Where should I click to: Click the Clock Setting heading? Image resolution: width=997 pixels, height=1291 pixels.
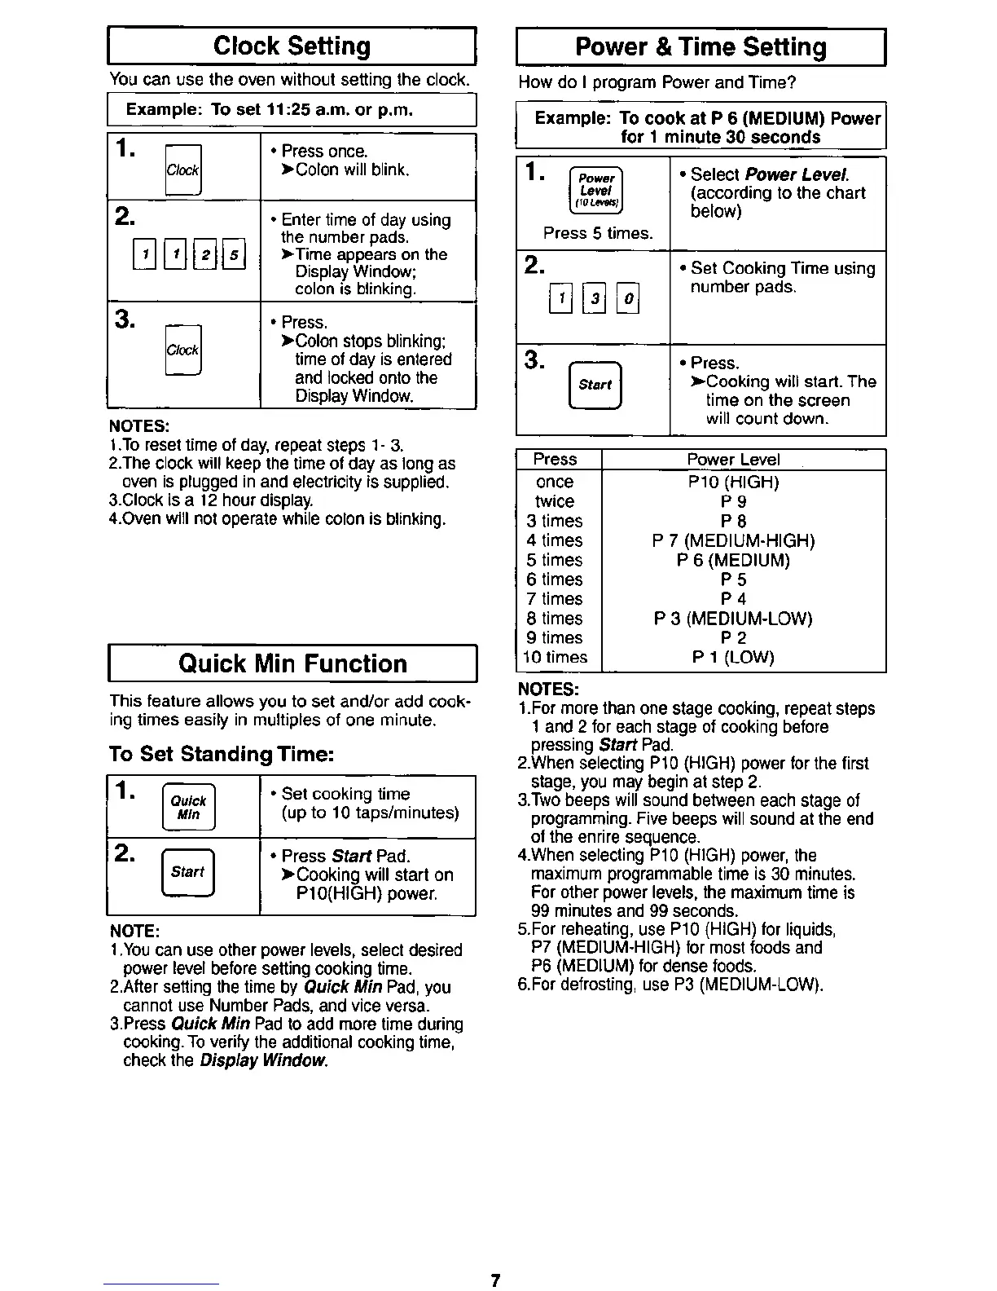coord(292,46)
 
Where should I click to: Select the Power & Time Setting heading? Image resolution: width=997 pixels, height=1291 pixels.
coord(701,47)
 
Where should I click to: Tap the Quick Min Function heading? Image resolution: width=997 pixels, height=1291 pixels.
coord(292,663)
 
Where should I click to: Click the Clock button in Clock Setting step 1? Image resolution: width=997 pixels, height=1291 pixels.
coord(182,170)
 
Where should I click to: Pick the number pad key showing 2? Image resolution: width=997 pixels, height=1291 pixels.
coord(207,255)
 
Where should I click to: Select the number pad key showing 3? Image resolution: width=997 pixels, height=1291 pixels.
coord(595,297)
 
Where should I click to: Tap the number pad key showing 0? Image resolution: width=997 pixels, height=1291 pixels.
coord(628,297)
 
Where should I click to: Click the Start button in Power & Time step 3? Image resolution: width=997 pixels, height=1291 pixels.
coord(595,385)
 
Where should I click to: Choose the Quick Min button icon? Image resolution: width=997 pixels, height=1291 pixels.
coord(188,807)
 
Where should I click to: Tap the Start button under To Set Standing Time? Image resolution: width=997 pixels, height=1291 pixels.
coord(187,872)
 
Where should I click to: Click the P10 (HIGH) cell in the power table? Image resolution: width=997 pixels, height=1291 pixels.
coord(733,482)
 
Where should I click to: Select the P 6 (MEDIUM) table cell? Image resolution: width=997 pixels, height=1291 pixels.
coord(733,561)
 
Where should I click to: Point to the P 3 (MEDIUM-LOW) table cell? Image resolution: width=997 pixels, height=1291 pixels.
coord(733,619)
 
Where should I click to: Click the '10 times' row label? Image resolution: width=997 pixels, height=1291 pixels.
coord(556,658)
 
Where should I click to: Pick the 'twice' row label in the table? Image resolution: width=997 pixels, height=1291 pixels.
coord(555,502)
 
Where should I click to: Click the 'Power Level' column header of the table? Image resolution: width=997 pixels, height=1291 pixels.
coord(733,460)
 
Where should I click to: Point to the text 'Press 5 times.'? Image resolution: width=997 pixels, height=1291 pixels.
coord(598,233)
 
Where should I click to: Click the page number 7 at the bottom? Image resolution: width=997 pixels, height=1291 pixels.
coord(494,1280)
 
